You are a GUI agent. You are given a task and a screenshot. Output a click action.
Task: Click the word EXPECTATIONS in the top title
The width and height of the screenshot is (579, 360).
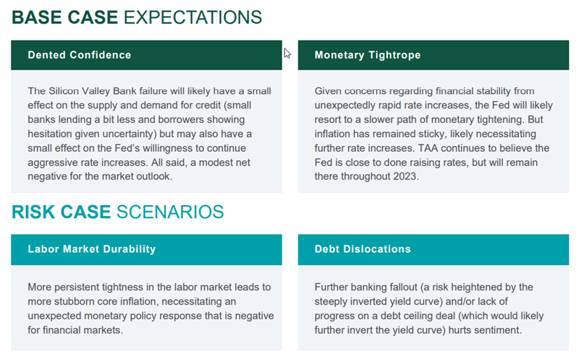193,17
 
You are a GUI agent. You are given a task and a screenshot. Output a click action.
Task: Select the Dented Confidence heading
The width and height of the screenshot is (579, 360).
80,55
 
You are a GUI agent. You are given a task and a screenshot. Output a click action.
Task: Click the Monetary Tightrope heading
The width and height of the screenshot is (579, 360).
368,55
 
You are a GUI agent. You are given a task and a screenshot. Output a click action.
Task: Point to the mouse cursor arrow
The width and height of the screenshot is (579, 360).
287,54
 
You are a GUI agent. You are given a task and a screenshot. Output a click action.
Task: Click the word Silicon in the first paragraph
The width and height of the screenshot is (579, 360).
64,91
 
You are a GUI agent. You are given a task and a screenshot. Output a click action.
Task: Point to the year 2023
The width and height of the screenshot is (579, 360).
405,176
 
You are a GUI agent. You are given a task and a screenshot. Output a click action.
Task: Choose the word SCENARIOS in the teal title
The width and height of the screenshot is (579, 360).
170,212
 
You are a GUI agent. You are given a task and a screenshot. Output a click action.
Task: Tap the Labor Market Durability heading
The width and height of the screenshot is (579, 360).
92,249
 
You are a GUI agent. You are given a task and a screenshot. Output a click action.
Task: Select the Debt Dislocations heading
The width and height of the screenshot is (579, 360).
363,249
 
